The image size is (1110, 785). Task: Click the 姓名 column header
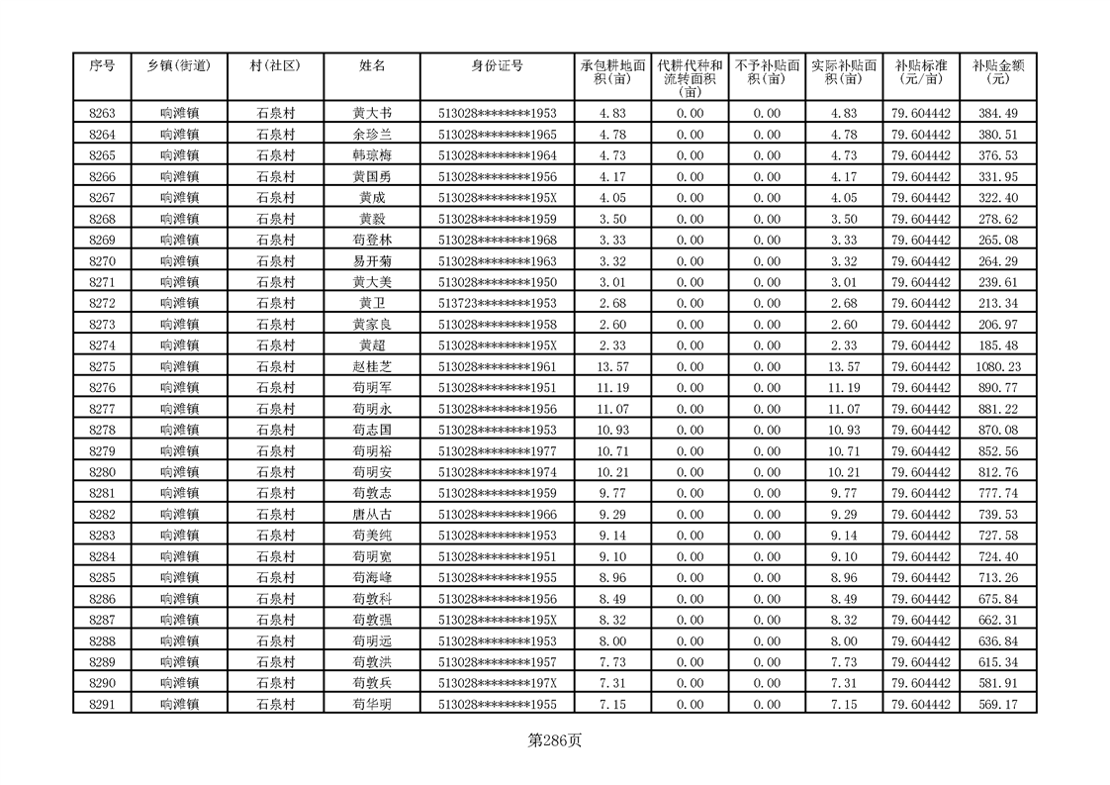coord(372,66)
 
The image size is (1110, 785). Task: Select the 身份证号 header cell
coord(497,66)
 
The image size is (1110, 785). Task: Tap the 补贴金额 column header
coord(997,72)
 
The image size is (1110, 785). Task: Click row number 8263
coord(102,114)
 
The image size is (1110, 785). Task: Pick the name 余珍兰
coord(372,135)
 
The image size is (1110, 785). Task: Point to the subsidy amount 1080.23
coord(997,366)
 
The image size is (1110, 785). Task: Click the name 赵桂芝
coord(372,366)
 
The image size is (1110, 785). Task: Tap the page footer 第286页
coord(554,740)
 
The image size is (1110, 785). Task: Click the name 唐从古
coord(372,514)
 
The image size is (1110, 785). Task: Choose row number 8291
coord(102,704)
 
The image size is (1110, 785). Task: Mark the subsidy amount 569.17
coord(997,704)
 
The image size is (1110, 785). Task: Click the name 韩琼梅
coord(372,155)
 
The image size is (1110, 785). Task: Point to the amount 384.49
coord(997,114)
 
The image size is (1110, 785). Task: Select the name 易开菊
coord(372,261)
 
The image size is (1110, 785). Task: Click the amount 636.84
coord(997,640)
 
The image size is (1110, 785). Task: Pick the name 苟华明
coord(372,704)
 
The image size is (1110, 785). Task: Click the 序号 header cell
coord(102,66)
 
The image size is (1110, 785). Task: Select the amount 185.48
coord(997,345)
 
